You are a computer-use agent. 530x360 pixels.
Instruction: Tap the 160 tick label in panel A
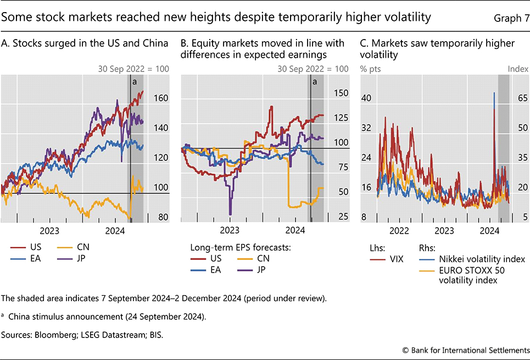[x=159, y=98]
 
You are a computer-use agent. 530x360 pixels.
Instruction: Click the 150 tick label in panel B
[x=341, y=93]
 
